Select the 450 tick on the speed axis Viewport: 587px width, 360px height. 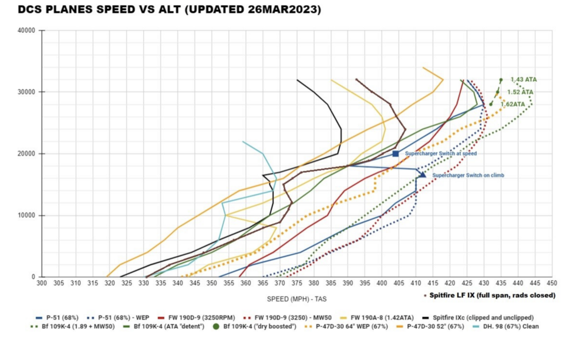click(552, 283)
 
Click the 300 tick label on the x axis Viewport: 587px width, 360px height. click(42, 283)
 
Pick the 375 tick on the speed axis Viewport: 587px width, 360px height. click(296, 283)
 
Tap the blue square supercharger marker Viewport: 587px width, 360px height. click(396, 154)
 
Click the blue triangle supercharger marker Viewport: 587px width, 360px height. click(423, 174)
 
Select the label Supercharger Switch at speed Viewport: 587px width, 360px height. click(440, 154)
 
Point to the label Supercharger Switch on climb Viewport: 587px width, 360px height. click(468, 175)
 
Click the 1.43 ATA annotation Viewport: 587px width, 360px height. click(524, 79)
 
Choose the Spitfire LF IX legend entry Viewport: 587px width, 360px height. click(493, 295)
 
